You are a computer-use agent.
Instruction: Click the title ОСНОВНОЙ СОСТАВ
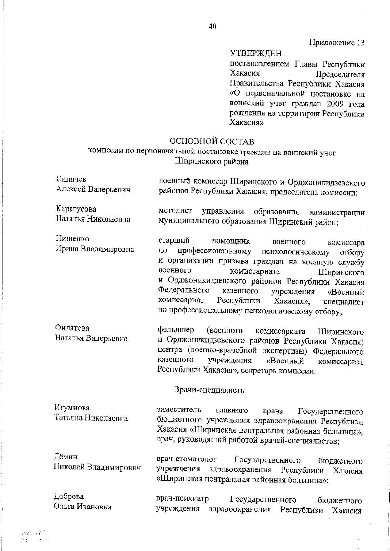pyautogui.click(x=212, y=142)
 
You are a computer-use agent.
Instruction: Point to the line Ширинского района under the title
pyautogui.click(x=212, y=161)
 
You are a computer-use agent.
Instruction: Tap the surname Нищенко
pyautogui.click(x=72, y=239)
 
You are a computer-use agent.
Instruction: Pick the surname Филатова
pyautogui.click(x=72, y=328)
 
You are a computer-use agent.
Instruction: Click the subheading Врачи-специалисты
pyautogui.click(x=210, y=390)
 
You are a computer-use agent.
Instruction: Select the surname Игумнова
pyautogui.click(x=71, y=408)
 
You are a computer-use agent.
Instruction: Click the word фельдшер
pyautogui.click(x=175, y=331)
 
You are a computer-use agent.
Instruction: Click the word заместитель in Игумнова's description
pyautogui.click(x=178, y=410)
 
